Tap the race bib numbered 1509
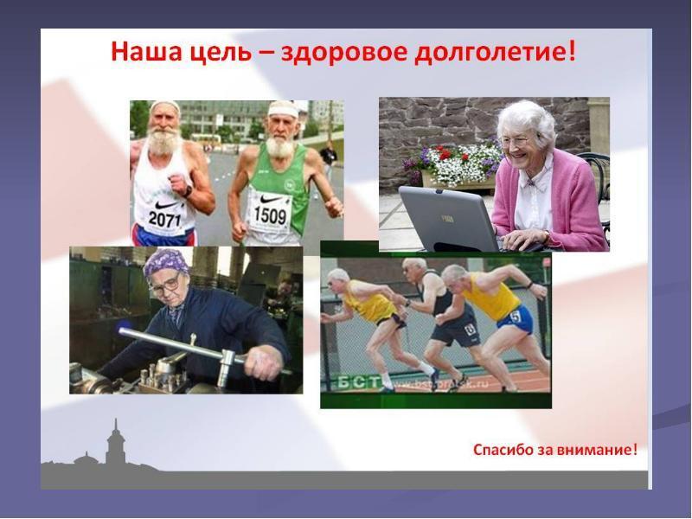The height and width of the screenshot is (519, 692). click(268, 213)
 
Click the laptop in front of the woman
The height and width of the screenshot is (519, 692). click(450, 218)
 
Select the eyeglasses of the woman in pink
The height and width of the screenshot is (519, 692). click(515, 140)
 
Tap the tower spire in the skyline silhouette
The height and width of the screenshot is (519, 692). click(112, 432)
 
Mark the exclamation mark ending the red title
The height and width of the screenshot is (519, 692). click(571, 51)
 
